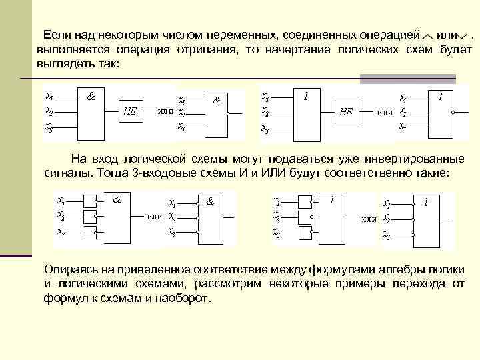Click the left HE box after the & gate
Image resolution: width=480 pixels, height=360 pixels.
click(x=131, y=112)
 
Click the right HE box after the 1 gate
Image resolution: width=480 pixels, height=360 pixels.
click(x=346, y=112)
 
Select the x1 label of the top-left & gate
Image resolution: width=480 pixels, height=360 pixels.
click(x=49, y=95)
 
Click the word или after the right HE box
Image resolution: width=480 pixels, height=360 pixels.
click(x=385, y=112)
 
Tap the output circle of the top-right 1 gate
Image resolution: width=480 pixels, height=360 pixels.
click(x=453, y=113)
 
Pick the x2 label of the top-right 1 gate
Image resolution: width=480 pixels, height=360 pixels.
click(x=403, y=111)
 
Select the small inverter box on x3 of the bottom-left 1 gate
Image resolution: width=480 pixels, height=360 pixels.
click(x=306, y=231)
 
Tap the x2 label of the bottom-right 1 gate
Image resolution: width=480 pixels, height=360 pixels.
click(x=387, y=219)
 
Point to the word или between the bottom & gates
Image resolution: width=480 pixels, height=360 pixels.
click(x=155, y=217)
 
